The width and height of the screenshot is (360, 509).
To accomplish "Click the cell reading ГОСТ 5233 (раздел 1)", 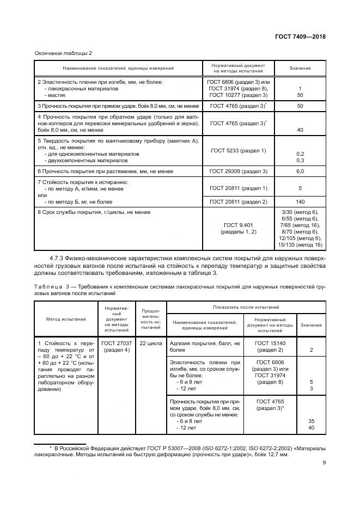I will coord(238,150).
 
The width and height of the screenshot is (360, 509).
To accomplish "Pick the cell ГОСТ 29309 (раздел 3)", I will coord(238,171).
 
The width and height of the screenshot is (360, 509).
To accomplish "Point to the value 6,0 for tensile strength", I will coord(300,171).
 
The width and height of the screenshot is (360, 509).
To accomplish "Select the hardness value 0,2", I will coord(300,154).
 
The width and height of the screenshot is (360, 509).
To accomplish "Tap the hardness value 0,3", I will coord(300,161).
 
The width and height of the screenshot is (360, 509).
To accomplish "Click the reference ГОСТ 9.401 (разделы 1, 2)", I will coord(238,228).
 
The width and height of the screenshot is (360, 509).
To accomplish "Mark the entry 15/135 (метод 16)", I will coord(300,244).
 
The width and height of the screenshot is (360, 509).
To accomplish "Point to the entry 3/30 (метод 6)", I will coord(300,212).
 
